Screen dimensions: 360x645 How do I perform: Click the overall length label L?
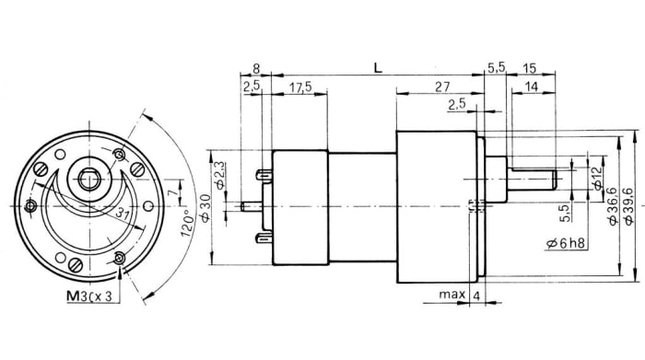(x=378, y=68)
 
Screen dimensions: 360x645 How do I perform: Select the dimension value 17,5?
(x=299, y=87)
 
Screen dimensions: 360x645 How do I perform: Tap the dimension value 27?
(x=440, y=87)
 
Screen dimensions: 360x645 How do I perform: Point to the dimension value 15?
(x=530, y=68)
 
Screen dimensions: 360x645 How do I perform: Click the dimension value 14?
(x=532, y=87)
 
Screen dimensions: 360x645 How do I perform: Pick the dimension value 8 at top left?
(x=255, y=68)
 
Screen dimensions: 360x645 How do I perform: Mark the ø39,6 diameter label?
(x=629, y=204)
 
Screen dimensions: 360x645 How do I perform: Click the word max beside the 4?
(x=451, y=296)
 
